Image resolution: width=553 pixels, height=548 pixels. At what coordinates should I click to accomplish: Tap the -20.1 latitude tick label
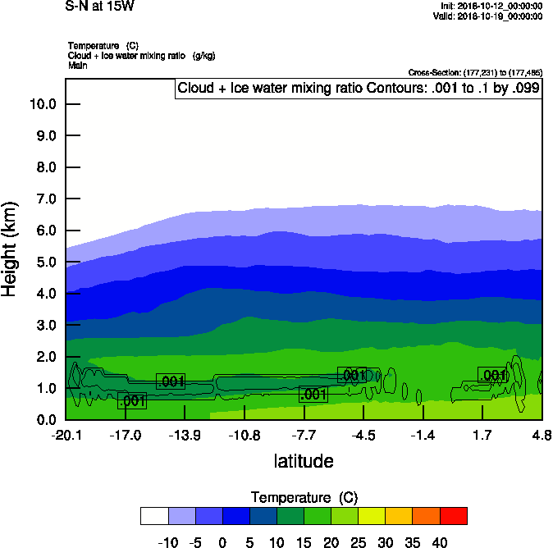pos(65,435)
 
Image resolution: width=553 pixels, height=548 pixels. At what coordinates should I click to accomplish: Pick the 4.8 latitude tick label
pos(542,435)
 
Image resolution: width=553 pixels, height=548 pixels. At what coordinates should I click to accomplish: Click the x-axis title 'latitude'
pos(304,461)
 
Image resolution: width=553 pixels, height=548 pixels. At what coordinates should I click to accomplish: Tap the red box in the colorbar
pos(453,515)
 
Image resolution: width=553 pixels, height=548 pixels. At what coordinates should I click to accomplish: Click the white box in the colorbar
pos(154,515)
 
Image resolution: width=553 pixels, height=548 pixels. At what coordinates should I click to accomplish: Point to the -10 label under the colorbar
pos(168,542)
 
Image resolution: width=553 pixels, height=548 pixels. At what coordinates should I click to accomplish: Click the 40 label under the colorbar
pos(439,542)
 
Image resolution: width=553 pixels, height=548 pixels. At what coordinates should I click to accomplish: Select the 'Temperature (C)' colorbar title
pos(304,498)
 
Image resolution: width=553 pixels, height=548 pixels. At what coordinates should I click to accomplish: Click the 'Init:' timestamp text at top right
pos(491,6)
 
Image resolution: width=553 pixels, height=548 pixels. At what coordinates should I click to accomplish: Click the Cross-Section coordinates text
pos(474,73)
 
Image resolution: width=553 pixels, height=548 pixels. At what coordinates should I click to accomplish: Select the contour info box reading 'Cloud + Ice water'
pos(359,89)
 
